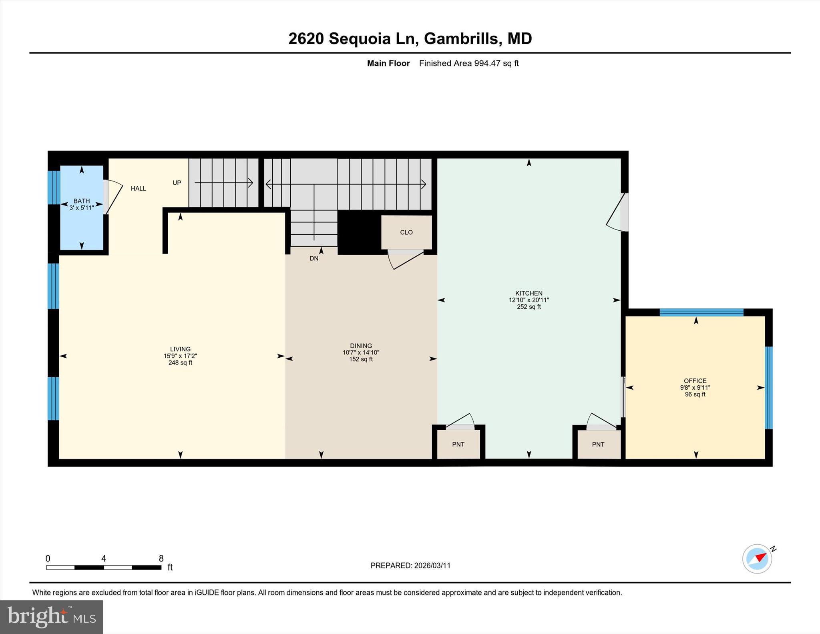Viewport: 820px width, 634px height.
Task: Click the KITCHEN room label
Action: click(x=529, y=293)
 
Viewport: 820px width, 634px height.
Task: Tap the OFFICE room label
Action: click(x=695, y=380)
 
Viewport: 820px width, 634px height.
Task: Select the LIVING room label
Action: click(x=180, y=349)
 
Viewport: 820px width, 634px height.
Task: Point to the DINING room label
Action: click(x=361, y=346)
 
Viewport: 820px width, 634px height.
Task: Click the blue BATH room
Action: click(x=82, y=224)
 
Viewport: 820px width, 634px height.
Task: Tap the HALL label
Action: click(x=138, y=188)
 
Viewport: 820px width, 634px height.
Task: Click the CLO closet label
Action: click(x=406, y=232)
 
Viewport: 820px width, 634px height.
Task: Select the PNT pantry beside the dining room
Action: click(x=458, y=444)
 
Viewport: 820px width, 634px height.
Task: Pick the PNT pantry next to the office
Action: click(x=598, y=444)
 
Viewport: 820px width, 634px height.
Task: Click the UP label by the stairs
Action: click(x=177, y=183)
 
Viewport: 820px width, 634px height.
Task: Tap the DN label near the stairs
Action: click(x=314, y=258)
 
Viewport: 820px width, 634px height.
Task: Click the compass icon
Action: click(x=757, y=559)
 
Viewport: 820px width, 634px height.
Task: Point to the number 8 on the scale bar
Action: click(x=161, y=558)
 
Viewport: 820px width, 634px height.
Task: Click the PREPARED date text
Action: click(x=410, y=566)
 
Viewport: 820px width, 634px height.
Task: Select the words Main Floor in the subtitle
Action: click(x=388, y=63)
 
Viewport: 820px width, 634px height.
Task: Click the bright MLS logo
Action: click(x=51, y=617)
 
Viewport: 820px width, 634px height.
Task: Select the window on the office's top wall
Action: click(x=701, y=312)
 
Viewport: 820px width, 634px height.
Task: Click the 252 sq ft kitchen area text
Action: click(x=529, y=307)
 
